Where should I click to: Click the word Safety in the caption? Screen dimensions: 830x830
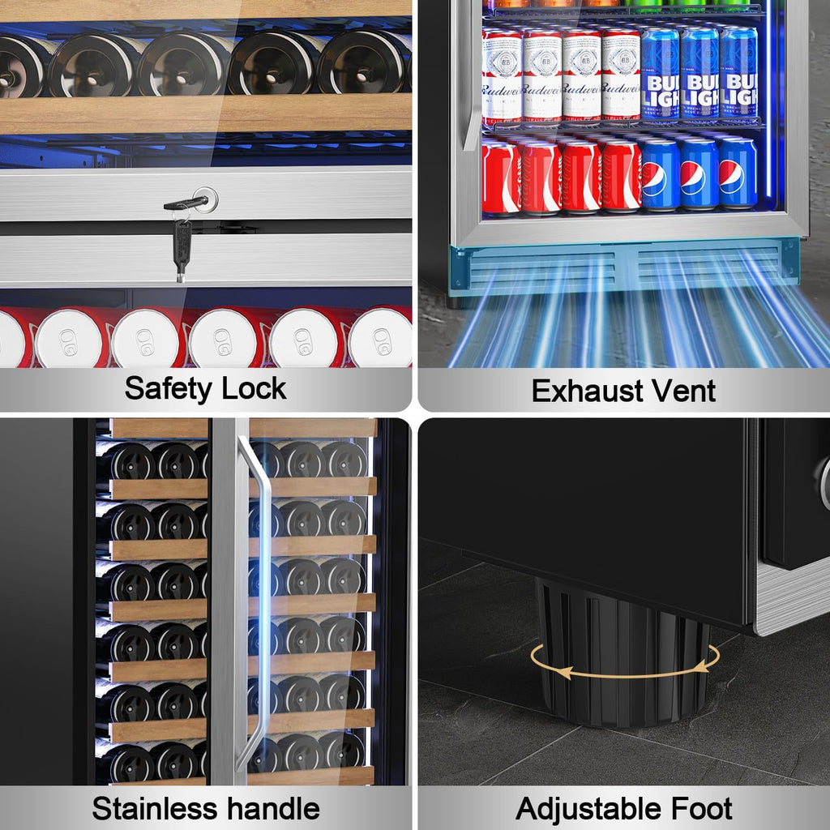point(168,389)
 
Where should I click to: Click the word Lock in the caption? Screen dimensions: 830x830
point(254,388)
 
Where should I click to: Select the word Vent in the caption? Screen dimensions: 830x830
point(682,391)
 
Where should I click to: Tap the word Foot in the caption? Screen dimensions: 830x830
point(701,809)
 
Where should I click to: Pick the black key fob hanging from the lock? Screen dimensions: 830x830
point(182,246)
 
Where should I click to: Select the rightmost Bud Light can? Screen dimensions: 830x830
point(738,73)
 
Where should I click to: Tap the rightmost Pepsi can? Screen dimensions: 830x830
point(738,173)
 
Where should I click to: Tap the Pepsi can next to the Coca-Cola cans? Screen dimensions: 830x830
point(660,174)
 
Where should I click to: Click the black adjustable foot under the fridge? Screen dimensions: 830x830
point(622,655)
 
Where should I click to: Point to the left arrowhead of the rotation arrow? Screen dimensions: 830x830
point(563,672)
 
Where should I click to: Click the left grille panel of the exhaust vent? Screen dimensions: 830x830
point(542,269)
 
